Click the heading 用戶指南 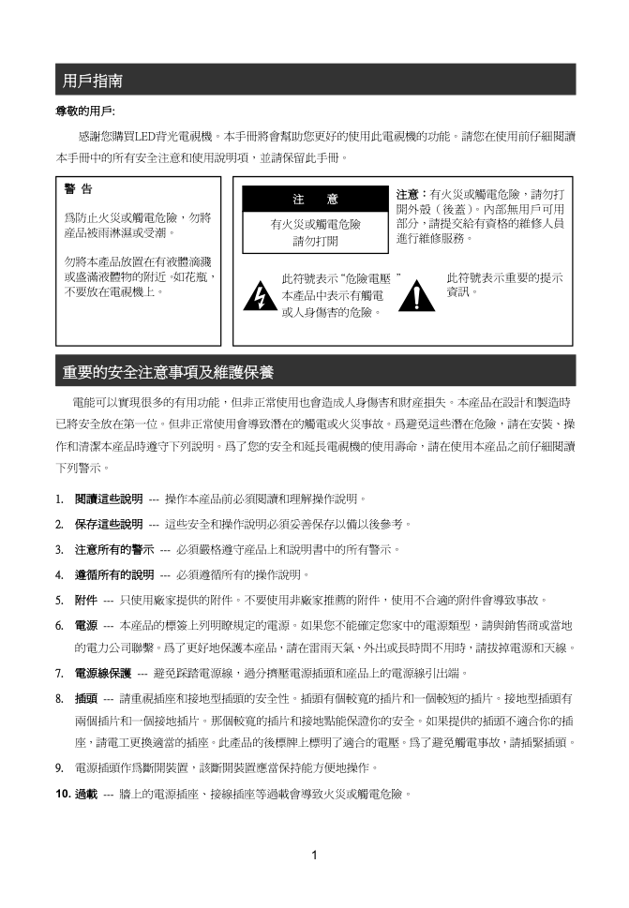(x=92, y=82)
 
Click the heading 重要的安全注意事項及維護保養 (x=168, y=373)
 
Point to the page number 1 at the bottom (x=315, y=854)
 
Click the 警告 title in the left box (x=78, y=189)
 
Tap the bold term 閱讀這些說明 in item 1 (x=109, y=498)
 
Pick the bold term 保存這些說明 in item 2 (x=109, y=523)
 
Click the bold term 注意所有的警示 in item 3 (x=114, y=548)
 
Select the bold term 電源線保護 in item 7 (x=103, y=673)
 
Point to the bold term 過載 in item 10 (x=85, y=795)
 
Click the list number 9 (x=59, y=768)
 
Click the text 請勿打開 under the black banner (x=315, y=241)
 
